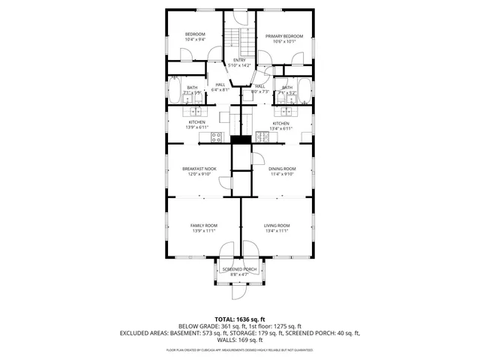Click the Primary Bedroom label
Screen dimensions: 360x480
pos(283,36)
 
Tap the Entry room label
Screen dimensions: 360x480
pos(239,60)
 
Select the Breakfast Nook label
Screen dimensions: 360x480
pos(199,169)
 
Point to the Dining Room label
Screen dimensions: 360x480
pos(282,169)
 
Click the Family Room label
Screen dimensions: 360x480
pos(203,226)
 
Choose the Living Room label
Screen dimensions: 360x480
pos(276,226)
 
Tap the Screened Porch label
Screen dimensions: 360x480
pos(239,268)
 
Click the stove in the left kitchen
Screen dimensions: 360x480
pos(216,137)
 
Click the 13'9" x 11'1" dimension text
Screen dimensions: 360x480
pos(203,232)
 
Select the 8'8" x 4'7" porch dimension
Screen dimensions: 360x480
pos(239,274)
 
